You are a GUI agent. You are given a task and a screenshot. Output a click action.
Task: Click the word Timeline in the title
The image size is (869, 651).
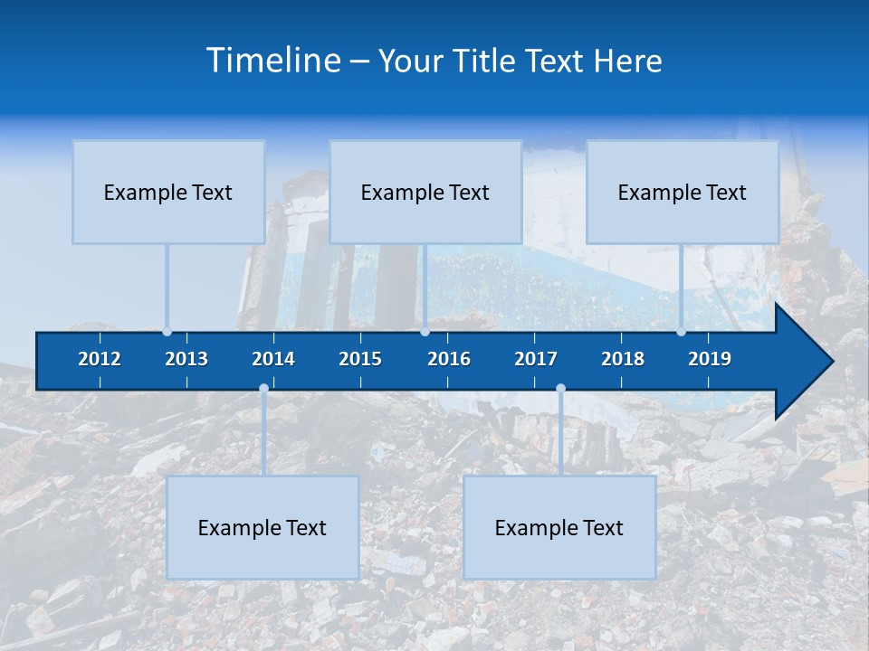click(x=273, y=61)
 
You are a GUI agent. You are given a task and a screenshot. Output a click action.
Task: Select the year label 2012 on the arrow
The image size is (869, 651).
click(x=100, y=359)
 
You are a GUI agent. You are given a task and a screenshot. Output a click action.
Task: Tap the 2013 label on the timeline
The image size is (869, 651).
click(x=186, y=359)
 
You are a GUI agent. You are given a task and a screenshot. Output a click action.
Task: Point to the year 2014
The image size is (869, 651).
click(x=273, y=359)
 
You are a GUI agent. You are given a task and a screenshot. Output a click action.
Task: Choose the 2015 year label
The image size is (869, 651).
click(x=360, y=359)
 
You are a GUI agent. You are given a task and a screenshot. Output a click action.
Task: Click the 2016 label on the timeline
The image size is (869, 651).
click(x=449, y=359)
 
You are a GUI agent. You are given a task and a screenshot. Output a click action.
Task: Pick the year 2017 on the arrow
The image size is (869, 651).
click(x=536, y=359)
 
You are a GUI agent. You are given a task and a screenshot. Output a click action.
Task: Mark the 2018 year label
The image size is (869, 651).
click(x=623, y=359)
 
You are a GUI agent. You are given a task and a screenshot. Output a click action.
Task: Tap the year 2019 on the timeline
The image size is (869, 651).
click(x=710, y=359)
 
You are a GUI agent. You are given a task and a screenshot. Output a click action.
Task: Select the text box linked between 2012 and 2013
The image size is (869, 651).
click(x=168, y=192)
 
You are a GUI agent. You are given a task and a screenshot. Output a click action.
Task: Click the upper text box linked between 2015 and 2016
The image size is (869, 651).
click(x=425, y=192)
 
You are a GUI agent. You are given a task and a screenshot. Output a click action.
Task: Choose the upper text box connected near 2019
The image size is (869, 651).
click(x=683, y=192)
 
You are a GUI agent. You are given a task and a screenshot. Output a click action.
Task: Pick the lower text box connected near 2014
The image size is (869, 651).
click(x=263, y=527)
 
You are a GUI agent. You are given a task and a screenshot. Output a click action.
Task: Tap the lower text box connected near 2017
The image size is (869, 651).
click(x=559, y=527)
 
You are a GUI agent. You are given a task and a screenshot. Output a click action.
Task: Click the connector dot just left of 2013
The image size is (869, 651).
click(x=167, y=332)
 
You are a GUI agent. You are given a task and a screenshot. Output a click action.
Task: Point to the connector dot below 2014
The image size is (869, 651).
click(x=263, y=389)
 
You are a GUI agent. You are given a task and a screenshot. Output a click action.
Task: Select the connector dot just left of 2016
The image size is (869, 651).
click(x=425, y=332)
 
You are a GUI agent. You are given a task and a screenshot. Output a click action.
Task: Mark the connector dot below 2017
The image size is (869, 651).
click(x=560, y=389)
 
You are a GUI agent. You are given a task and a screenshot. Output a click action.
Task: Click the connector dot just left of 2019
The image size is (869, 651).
click(x=681, y=332)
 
